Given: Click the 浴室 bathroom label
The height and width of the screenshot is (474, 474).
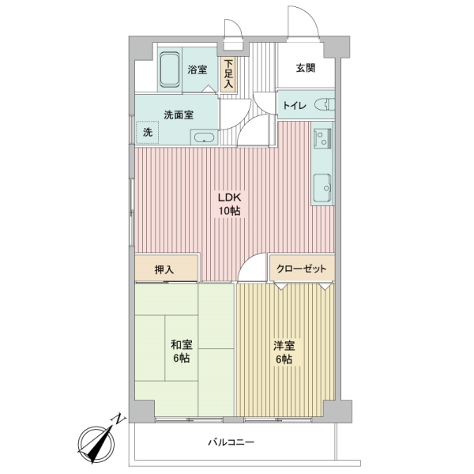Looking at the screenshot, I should [x=197, y=70].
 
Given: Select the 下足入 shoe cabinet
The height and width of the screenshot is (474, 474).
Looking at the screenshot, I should [x=228, y=73].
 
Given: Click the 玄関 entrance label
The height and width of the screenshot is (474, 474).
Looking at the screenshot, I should [x=306, y=69].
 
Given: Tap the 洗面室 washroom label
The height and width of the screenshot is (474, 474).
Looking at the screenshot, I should [x=179, y=114].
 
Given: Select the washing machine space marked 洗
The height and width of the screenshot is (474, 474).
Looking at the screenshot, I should [x=148, y=133].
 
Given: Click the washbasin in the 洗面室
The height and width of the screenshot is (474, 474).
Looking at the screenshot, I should [x=205, y=137].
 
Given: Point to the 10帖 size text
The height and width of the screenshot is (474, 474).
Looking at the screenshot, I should [x=231, y=211].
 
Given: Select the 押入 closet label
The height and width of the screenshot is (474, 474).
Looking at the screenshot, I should [x=165, y=269].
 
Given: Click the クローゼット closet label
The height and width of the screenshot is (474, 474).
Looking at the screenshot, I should [x=301, y=269].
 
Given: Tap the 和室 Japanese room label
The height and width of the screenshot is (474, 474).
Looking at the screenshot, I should [x=181, y=344].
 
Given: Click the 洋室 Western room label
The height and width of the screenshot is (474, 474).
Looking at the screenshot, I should [x=284, y=344].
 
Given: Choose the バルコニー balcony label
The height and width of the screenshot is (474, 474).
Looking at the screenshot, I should [x=231, y=442].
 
